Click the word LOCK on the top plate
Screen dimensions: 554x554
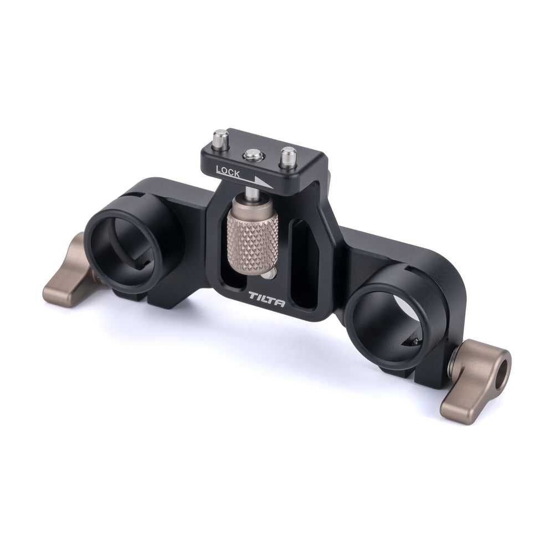pos(228,172)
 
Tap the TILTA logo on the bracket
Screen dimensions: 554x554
pos(266,299)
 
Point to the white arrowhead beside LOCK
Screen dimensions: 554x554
pos(263,182)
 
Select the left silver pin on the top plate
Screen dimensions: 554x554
pos(221,140)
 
